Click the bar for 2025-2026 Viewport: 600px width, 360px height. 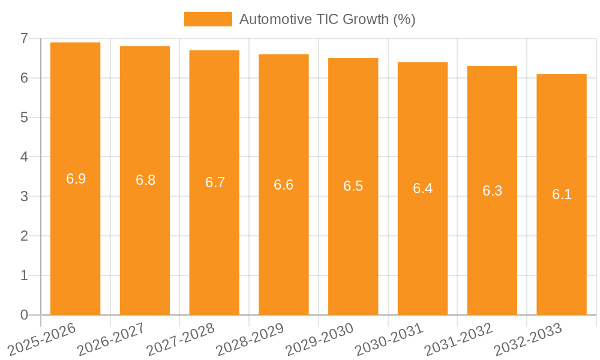pyautogui.click(x=75, y=240)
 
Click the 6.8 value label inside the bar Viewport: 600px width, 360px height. pyautogui.click(x=145, y=180)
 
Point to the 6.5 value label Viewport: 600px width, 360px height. pyautogui.click(x=353, y=186)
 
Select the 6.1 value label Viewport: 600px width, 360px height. pyautogui.click(x=562, y=194)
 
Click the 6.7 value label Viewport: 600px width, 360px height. pyautogui.click(x=215, y=182)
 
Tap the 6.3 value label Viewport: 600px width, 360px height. pyautogui.click(x=492, y=191)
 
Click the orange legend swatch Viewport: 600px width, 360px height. pyautogui.click(x=208, y=19)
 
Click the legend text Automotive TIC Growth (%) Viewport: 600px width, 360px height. pyautogui.click(x=327, y=19)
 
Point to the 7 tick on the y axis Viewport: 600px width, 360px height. pyautogui.click(x=24, y=38)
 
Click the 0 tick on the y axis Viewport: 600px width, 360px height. pyautogui.click(x=24, y=315)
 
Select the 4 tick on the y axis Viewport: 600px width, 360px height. pyautogui.click(x=24, y=157)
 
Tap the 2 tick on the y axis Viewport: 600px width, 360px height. pyautogui.click(x=24, y=236)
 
